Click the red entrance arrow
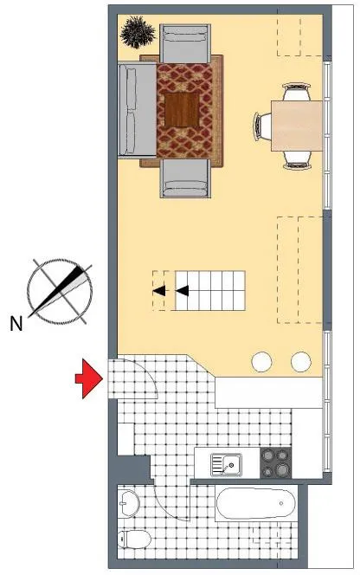[89, 378]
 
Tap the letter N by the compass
[16, 324]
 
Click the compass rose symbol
[60, 291]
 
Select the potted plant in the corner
[138, 32]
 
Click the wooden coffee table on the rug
[182, 110]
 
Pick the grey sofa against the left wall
[137, 110]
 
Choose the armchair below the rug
[185, 178]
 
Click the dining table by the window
[297, 126]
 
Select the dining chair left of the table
[263, 126]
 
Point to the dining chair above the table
[297, 92]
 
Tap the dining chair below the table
[297, 160]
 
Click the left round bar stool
[261, 362]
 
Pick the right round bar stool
[301, 362]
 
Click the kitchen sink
[226, 465]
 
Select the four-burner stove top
[276, 462]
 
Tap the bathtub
[255, 503]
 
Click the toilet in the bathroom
[134, 539]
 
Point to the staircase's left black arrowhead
[159, 291]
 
